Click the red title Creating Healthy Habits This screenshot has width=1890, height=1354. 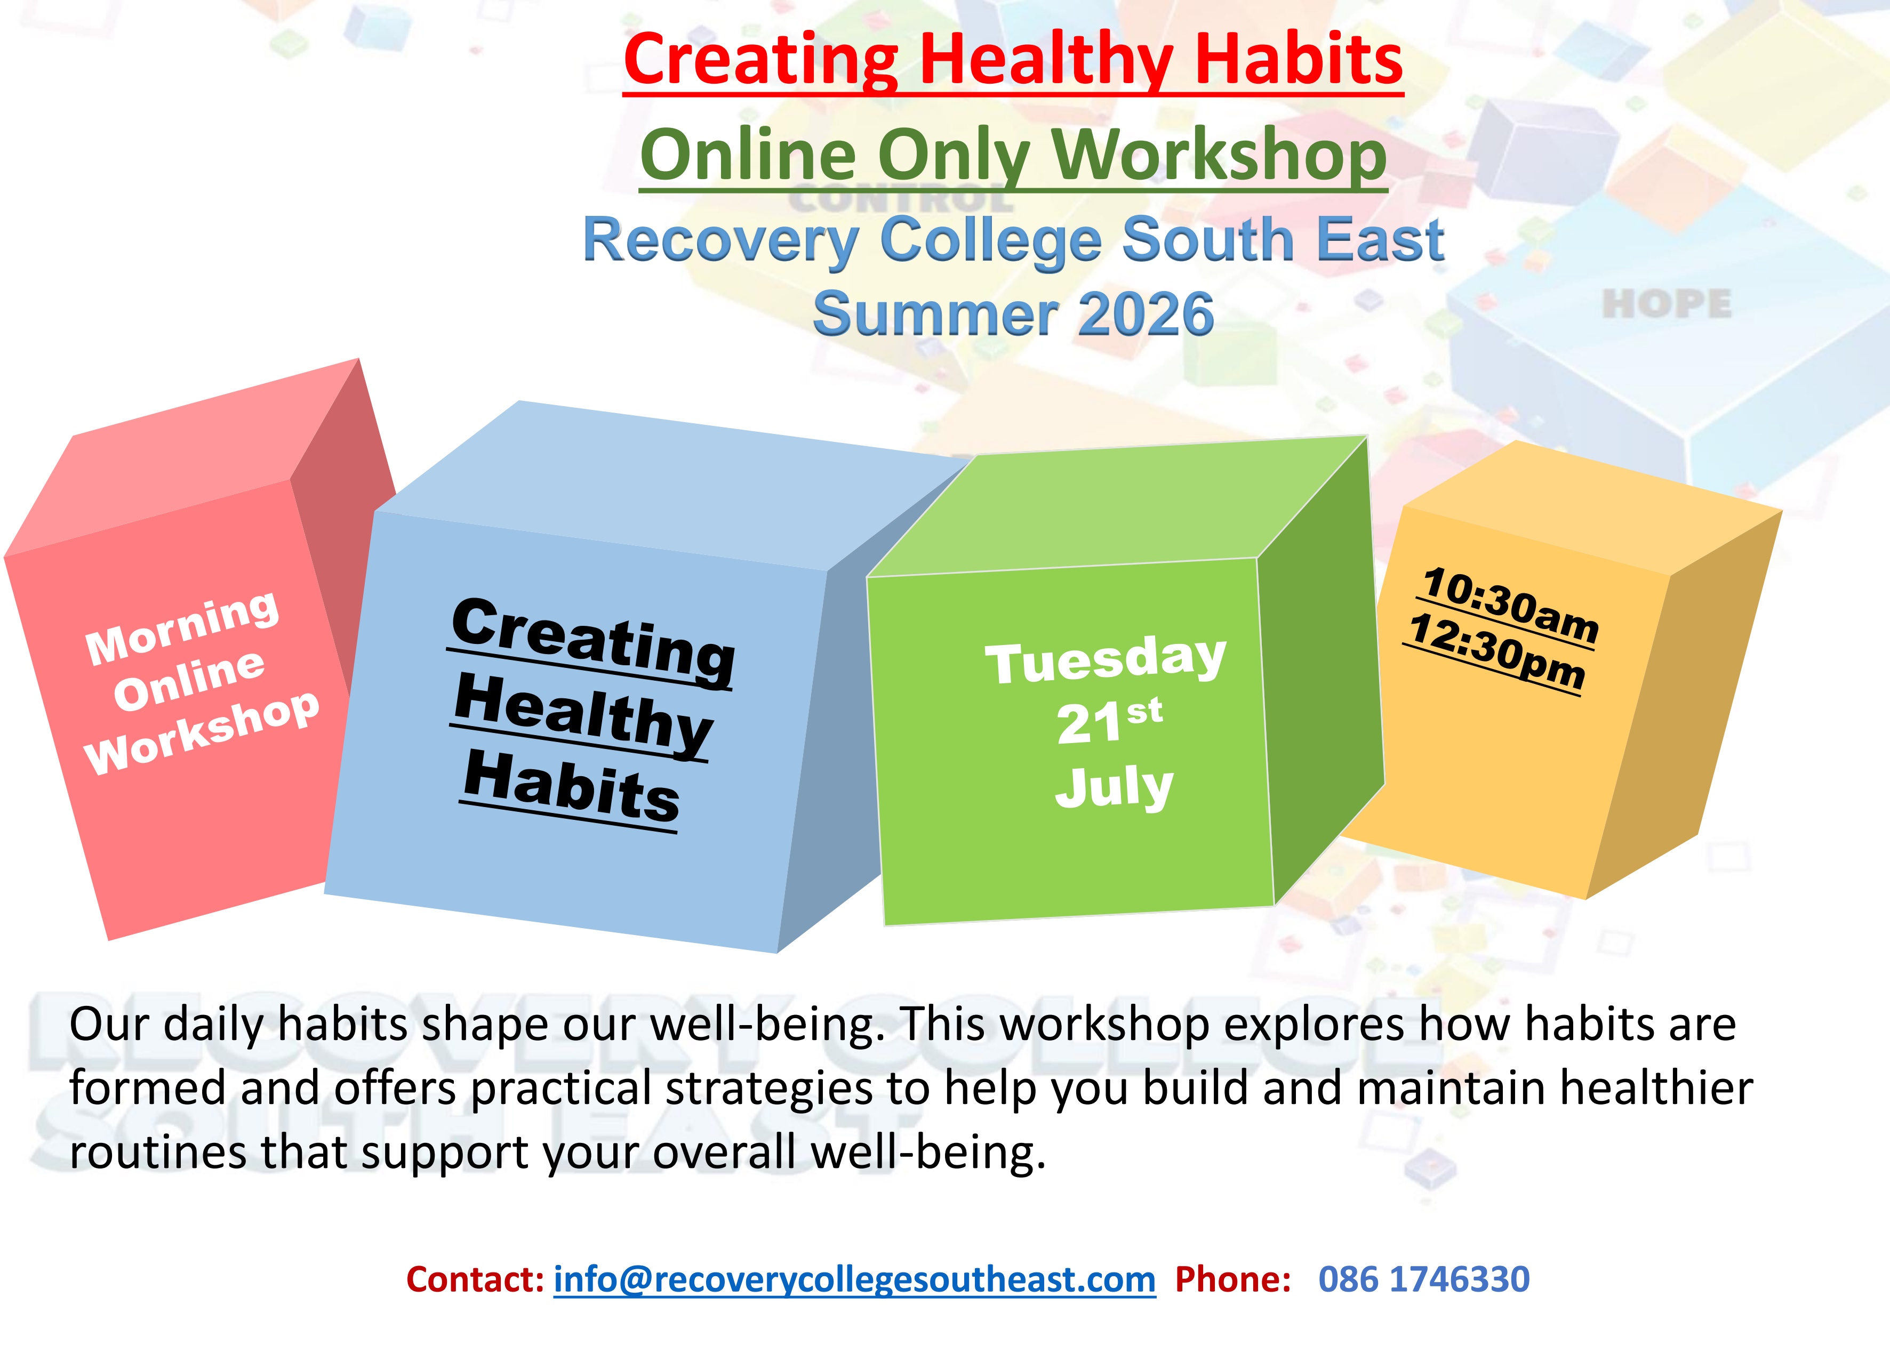1013,60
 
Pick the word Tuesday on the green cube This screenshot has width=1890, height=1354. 1106,660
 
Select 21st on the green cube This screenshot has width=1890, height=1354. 1109,722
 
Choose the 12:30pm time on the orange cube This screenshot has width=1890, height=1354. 1496,653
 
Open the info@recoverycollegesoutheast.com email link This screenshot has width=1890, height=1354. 855,1279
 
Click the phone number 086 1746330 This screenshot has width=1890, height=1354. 1424,1279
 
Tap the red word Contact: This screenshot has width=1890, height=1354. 476,1279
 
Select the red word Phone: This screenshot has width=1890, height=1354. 1234,1279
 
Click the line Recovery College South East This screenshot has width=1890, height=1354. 1013,240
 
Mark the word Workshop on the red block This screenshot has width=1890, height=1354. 202,734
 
